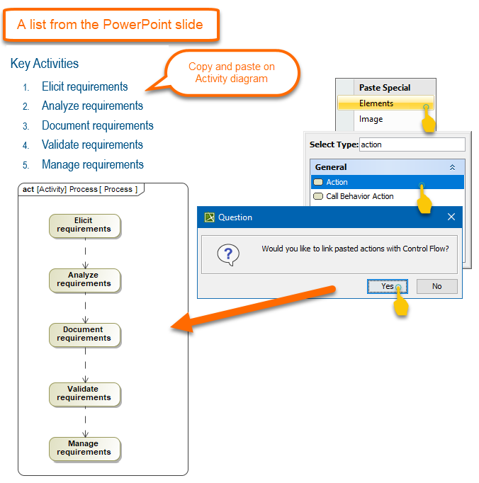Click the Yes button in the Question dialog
387,286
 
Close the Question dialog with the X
451,217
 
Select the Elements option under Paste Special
376,103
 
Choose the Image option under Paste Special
371,119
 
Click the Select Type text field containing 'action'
412,144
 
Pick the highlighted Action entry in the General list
337,182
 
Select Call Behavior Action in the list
359,196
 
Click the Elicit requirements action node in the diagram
84,225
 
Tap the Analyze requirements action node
84,280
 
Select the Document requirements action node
84,334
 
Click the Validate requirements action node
84,394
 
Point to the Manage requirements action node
84,448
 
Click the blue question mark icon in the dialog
228,254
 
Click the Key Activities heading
45,64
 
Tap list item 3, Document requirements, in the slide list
97,125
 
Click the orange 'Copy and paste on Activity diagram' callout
232,73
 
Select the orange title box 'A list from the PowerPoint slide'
111,25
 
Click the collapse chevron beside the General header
452,167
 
